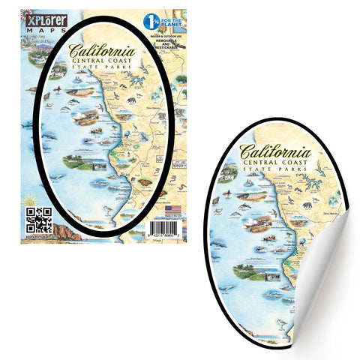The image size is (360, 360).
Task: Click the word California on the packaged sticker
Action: (102, 52)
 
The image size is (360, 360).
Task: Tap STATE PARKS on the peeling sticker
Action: (280, 179)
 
